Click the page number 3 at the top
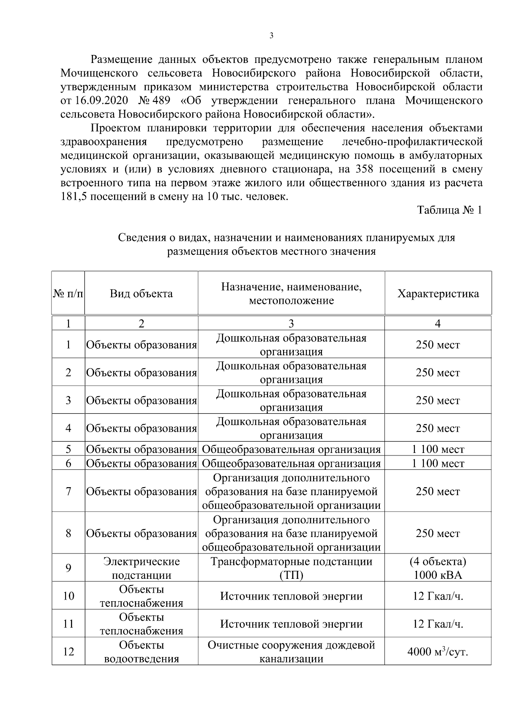tap(271, 36)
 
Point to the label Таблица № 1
tap(449, 210)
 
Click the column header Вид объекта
tap(141, 294)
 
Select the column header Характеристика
tap(438, 294)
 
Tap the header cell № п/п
tap(68, 294)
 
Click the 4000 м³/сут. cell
tap(438, 652)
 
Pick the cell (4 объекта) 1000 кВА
tap(438, 568)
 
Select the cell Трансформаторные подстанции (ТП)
tap(291, 568)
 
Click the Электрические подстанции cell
tap(141, 568)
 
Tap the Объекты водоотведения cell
tap(141, 652)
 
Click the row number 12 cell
tap(68, 652)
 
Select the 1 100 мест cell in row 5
tap(438, 449)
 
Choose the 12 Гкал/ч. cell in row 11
tap(438, 624)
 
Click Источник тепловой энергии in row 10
tap(291, 596)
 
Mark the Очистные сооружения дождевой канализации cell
tap(291, 652)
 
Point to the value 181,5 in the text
tap(74, 197)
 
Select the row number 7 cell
tap(68, 491)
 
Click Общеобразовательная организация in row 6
tap(291, 463)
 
